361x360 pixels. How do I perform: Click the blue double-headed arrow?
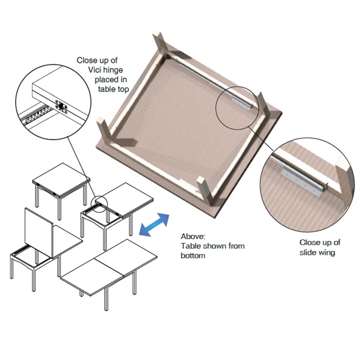[x=154, y=225]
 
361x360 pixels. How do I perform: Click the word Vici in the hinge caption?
[x=95, y=70]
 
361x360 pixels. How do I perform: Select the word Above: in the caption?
[x=193, y=236]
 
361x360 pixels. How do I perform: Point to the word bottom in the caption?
[x=193, y=255]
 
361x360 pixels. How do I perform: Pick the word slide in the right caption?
[x=307, y=252]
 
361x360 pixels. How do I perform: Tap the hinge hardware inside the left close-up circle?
[x=61, y=106]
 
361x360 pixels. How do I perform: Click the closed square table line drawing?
[x=61, y=191]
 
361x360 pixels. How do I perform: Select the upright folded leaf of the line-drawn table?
[x=39, y=233]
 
